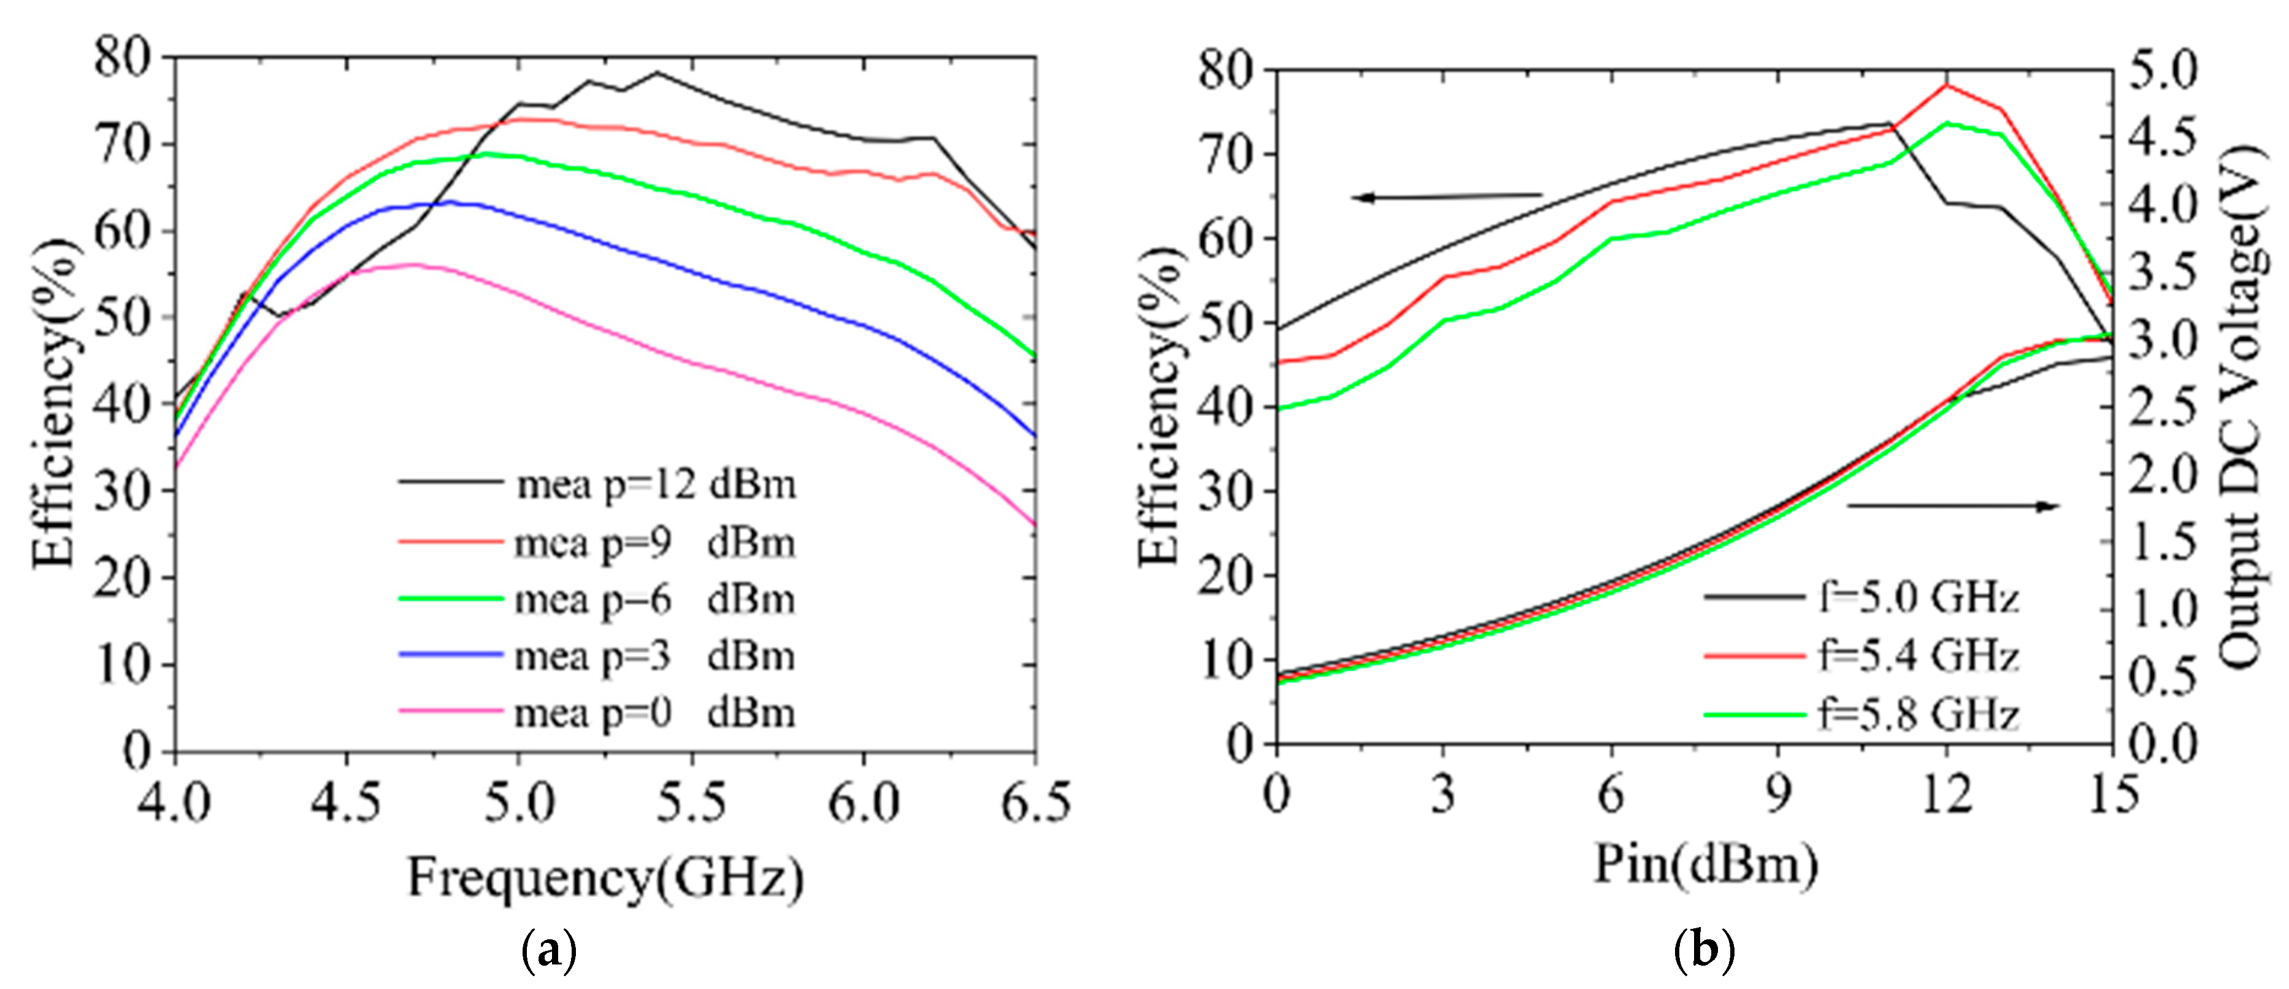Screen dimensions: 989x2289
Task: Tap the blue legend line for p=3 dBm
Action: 451,654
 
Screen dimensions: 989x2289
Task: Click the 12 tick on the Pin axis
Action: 1947,793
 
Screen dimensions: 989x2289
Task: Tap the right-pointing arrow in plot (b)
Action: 1955,507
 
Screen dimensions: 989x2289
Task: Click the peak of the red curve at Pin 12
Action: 1947,85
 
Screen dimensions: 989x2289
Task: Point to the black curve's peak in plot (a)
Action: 657,73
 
